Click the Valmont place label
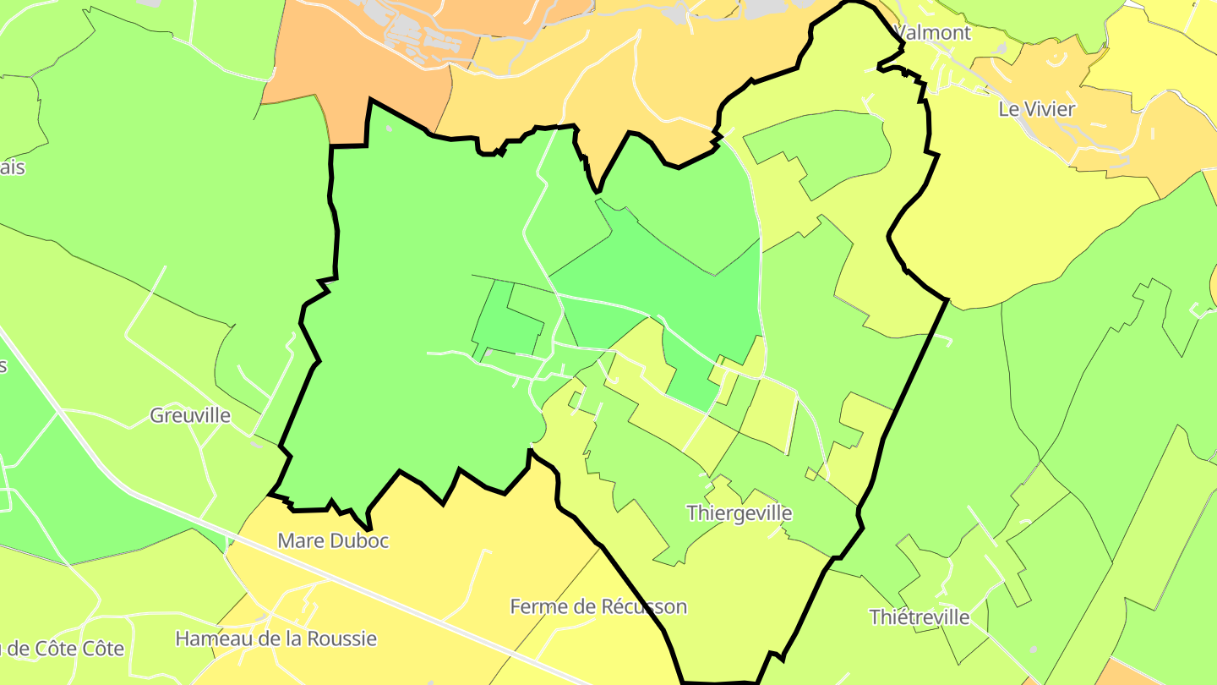tap(932, 33)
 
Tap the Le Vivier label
tap(1037, 109)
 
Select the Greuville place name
tap(190, 415)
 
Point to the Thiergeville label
tap(739, 513)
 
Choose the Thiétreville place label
tap(920, 617)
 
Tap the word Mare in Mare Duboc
tap(300, 540)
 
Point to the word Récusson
tap(644, 606)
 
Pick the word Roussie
tap(341, 638)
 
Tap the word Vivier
tap(1050, 109)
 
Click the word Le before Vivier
tap(1008, 109)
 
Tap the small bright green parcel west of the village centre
tap(507, 321)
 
